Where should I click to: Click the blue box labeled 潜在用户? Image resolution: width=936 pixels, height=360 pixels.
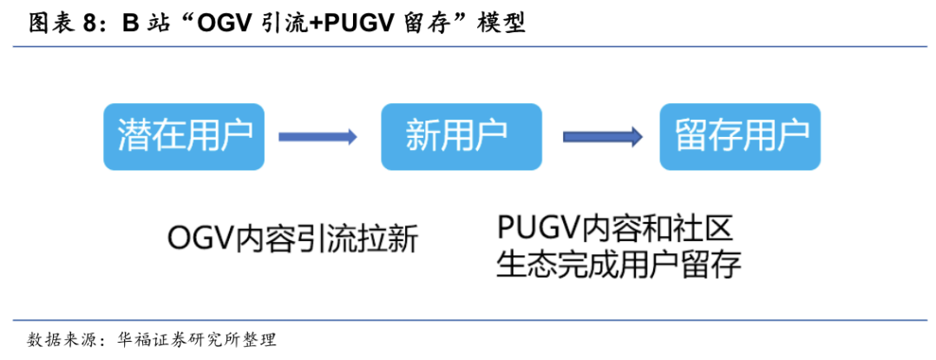(x=185, y=136)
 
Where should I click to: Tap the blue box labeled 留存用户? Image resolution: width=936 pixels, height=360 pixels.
(x=739, y=136)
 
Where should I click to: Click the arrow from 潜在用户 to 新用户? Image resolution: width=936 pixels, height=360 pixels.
(x=317, y=136)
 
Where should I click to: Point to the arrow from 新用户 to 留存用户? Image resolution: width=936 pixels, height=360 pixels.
(x=602, y=136)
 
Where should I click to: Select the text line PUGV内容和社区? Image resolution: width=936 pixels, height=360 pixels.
(x=616, y=227)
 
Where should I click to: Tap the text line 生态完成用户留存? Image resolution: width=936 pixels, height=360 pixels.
(x=619, y=265)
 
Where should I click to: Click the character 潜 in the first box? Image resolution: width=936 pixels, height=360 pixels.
(x=134, y=136)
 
